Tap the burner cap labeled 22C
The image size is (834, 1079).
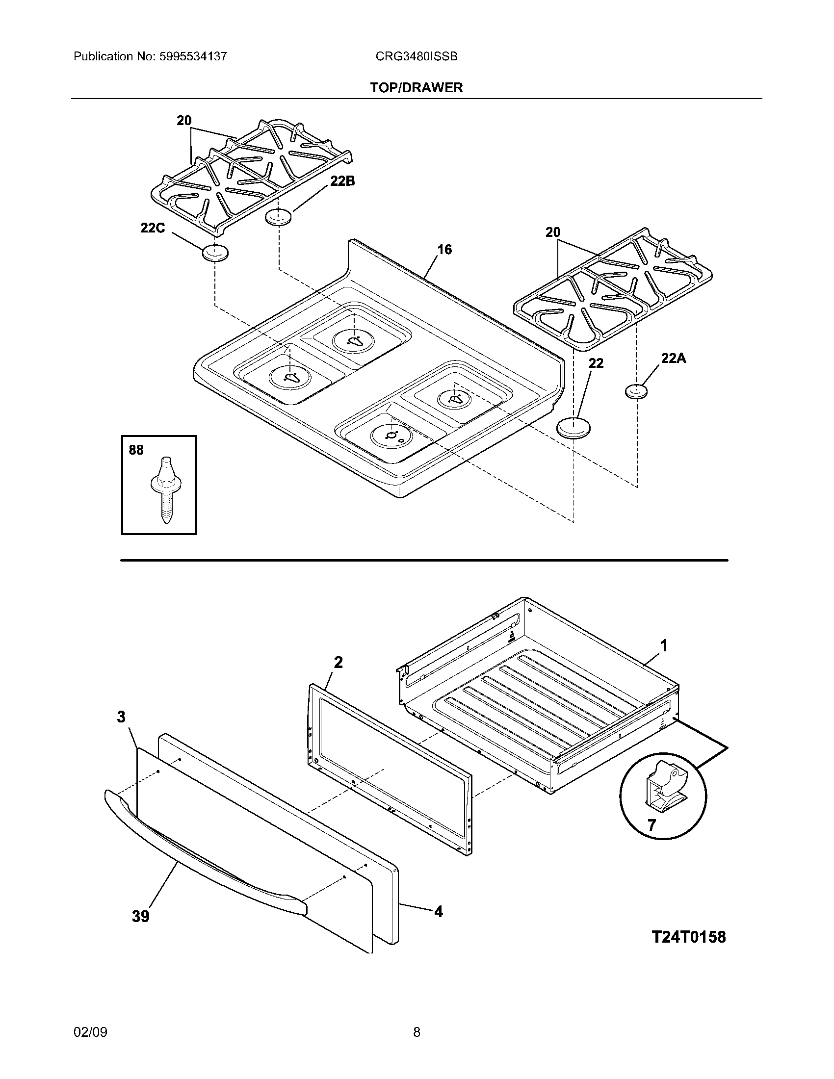point(215,253)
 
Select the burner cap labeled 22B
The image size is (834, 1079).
point(279,216)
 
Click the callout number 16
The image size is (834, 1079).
point(444,250)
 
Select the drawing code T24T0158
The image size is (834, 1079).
point(689,937)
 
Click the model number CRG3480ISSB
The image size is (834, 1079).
point(416,57)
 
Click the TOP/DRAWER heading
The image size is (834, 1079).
point(417,88)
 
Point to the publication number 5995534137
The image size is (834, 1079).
point(193,57)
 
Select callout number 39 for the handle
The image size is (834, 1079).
point(140,917)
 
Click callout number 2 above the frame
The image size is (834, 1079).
point(338,663)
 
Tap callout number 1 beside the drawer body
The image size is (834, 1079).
point(664,645)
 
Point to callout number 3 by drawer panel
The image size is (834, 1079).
point(121,717)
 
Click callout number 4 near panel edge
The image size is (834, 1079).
point(438,912)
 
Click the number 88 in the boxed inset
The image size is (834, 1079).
point(136,450)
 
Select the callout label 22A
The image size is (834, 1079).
point(674,359)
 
